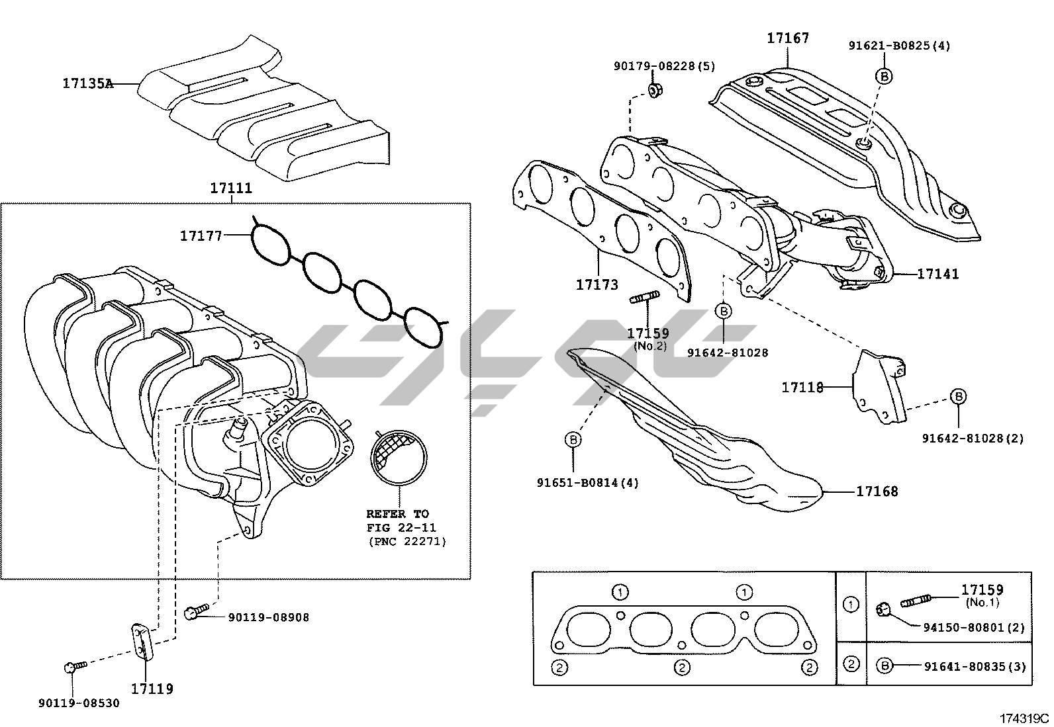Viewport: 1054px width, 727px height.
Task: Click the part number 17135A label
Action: pos(87,83)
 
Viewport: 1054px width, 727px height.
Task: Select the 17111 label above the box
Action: pos(231,188)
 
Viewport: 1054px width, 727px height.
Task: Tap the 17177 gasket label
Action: pos(201,235)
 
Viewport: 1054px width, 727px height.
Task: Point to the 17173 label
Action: pos(597,284)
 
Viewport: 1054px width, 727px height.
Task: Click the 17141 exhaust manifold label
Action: pos(937,273)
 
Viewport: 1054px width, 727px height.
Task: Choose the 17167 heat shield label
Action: pos(788,38)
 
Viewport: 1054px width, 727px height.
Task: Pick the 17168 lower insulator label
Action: pos(877,491)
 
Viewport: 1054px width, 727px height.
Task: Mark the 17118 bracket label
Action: pos(802,387)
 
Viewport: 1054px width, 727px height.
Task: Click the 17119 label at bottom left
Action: pos(152,689)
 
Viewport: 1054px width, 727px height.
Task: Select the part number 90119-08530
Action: pos(79,703)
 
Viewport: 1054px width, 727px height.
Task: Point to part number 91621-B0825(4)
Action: pos(899,46)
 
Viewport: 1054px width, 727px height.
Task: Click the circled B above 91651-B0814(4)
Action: pos(573,439)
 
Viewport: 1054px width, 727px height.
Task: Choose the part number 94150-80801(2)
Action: pos(973,627)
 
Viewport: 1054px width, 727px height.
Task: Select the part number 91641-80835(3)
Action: pos(975,667)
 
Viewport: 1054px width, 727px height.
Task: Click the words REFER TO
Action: pos(397,513)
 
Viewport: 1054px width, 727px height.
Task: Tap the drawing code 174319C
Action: pos(1024,718)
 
